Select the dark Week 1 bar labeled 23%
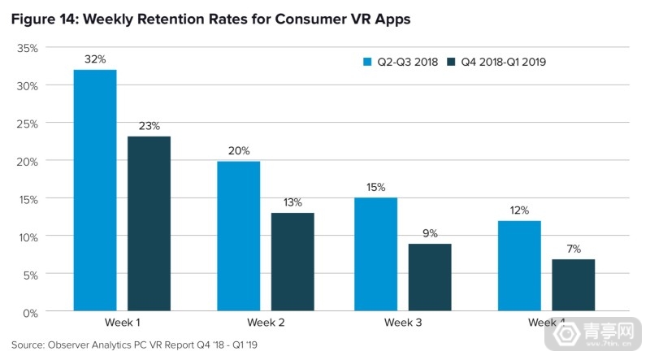tap(149, 224)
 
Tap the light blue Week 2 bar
tap(238, 236)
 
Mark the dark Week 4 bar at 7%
tap(574, 285)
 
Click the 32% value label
tap(95, 59)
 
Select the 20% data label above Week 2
tap(238, 151)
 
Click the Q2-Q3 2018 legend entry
tap(401, 61)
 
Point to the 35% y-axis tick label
tap(28, 48)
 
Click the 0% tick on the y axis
tap(30, 313)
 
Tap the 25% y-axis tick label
tap(28, 124)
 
